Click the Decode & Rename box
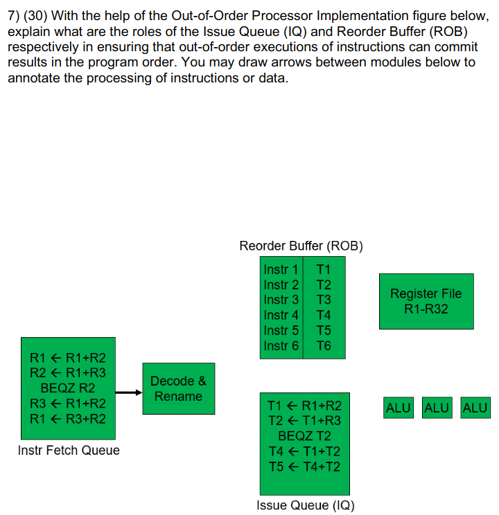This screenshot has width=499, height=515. point(178,388)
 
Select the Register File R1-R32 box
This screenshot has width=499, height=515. point(426,301)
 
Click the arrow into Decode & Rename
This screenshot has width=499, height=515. point(128,392)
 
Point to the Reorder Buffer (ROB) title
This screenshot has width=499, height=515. point(301,246)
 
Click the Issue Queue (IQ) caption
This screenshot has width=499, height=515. point(305,505)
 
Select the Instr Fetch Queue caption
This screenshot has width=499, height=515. point(69,451)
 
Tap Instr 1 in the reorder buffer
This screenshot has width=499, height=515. point(281,269)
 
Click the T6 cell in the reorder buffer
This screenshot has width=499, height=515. point(324,345)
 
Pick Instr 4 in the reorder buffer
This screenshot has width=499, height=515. point(281,315)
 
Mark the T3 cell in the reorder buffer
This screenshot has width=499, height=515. point(324,300)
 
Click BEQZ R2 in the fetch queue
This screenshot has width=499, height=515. point(68,388)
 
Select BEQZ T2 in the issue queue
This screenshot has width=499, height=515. point(304,436)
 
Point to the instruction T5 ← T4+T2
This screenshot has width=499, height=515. point(304,467)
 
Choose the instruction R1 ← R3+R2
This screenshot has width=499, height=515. point(68,419)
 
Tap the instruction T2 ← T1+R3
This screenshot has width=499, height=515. point(304,421)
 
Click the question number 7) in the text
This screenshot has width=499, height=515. point(14,16)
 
